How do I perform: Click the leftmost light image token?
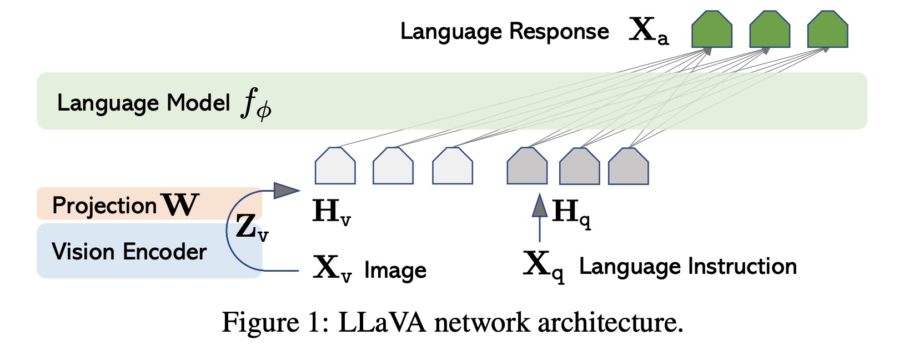pyautogui.click(x=335, y=166)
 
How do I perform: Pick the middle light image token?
pyautogui.click(x=393, y=166)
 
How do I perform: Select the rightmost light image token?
pyautogui.click(x=453, y=166)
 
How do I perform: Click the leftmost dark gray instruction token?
pyautogui.click(x=527, y=166)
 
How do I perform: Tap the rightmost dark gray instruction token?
pyautogui.click(x=629, y=166)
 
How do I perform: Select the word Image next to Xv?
pyautogui.click(x=395, y=271)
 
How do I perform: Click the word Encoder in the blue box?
pyautogui.click(x=165, y=252)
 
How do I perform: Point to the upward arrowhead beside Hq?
pyautogui.click(x=540, y=206)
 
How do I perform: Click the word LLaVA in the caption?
pyautogui.click(x=382, y=322)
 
